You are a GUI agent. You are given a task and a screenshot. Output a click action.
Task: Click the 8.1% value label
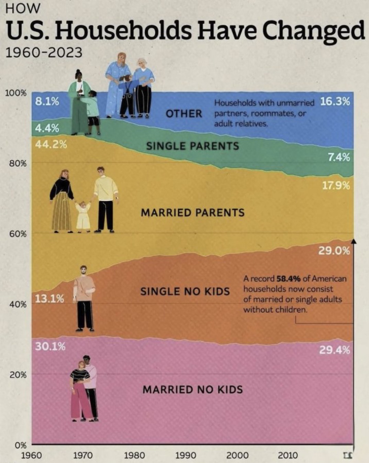[47, 102]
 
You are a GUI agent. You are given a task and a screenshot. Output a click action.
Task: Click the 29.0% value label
[334, 251]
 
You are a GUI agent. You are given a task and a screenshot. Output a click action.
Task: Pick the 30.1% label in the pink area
[50, 346]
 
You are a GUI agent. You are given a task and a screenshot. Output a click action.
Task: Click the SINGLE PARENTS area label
[192, 146]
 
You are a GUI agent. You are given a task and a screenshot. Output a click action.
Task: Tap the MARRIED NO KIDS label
[192, 389]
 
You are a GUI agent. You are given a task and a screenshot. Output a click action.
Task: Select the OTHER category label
[184, 113]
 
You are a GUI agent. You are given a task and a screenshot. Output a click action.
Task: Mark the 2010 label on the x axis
[288, 455]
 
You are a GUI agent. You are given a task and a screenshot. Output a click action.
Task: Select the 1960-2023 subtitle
[44, 53]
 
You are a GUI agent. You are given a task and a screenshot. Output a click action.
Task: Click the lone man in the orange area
[84, 298]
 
